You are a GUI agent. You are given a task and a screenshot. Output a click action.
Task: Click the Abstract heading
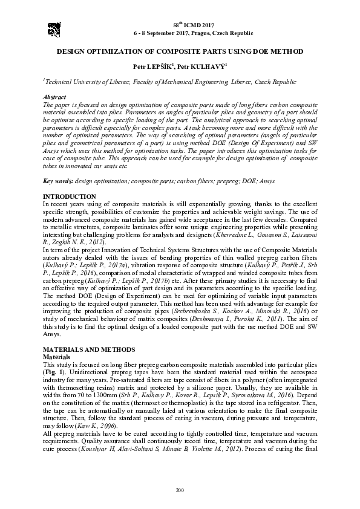click(55, 97)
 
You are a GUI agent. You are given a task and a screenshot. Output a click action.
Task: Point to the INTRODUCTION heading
click(70, 197)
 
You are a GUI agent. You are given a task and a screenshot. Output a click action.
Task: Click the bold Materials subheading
click(56, 358)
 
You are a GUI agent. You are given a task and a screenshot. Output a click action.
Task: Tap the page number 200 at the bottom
click(180, 488)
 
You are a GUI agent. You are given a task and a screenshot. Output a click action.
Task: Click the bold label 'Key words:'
click(58, 181)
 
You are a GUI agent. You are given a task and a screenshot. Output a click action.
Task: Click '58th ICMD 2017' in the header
click(180, 22)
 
